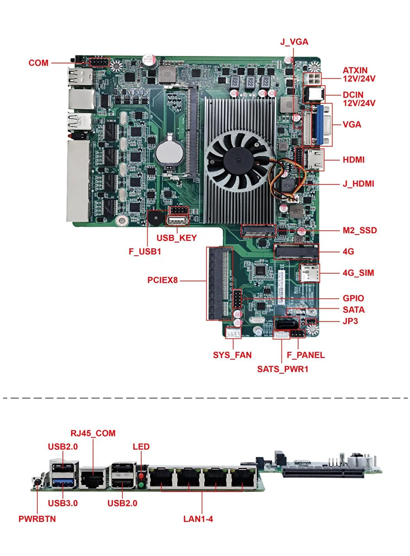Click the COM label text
38,63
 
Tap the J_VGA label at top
294,42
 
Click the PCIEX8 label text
162,280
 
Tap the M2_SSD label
360,230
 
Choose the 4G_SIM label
358,273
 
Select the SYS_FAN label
232,355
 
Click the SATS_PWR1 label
282,369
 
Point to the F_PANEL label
305,355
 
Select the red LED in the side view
141,476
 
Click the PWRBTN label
37,519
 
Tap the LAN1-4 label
198,519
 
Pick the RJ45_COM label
93,433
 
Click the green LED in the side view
141,485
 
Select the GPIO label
353,298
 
